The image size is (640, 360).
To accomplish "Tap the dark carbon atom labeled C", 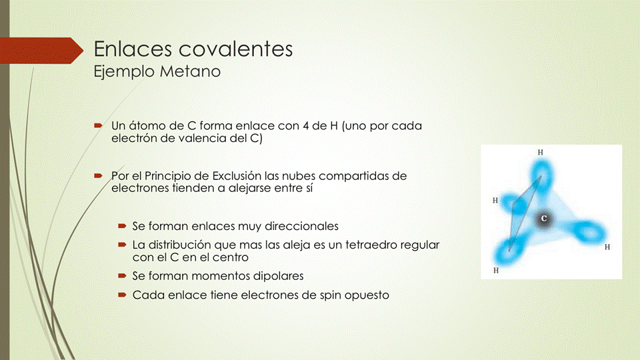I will [x=544, y=218].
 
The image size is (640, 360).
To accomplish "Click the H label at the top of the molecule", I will [x=540, y=152].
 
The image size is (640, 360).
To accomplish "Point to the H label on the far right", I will [x=607, y=247].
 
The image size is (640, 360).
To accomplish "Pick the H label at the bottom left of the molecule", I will [x=495, y=271].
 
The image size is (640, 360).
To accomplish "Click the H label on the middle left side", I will [x=495, y=200].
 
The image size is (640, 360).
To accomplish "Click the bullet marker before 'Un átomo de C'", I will [x=97, y=125].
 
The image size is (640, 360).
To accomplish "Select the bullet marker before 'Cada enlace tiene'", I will [x=121, y=294].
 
